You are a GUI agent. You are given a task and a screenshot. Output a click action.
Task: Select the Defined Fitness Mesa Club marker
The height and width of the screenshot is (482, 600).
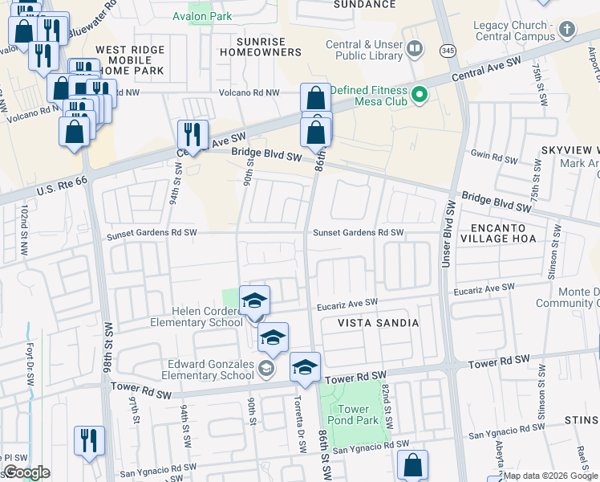[x=419, y=97]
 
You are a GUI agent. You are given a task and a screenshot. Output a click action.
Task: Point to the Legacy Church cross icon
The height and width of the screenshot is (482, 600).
[x=567, y=31]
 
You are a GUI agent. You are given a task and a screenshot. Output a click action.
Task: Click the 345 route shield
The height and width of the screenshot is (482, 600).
[x=447, y=51]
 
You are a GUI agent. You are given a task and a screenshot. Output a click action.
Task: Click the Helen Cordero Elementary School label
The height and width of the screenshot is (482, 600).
[x=197, y=317]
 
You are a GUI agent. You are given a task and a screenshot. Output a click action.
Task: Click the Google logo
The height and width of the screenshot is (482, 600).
[x=26, y=472]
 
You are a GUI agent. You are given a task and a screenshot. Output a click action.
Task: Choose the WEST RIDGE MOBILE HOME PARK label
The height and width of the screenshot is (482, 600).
[x=129, y=60]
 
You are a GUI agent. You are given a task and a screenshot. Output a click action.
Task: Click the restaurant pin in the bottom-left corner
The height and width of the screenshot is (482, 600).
[x=89, y=441]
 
